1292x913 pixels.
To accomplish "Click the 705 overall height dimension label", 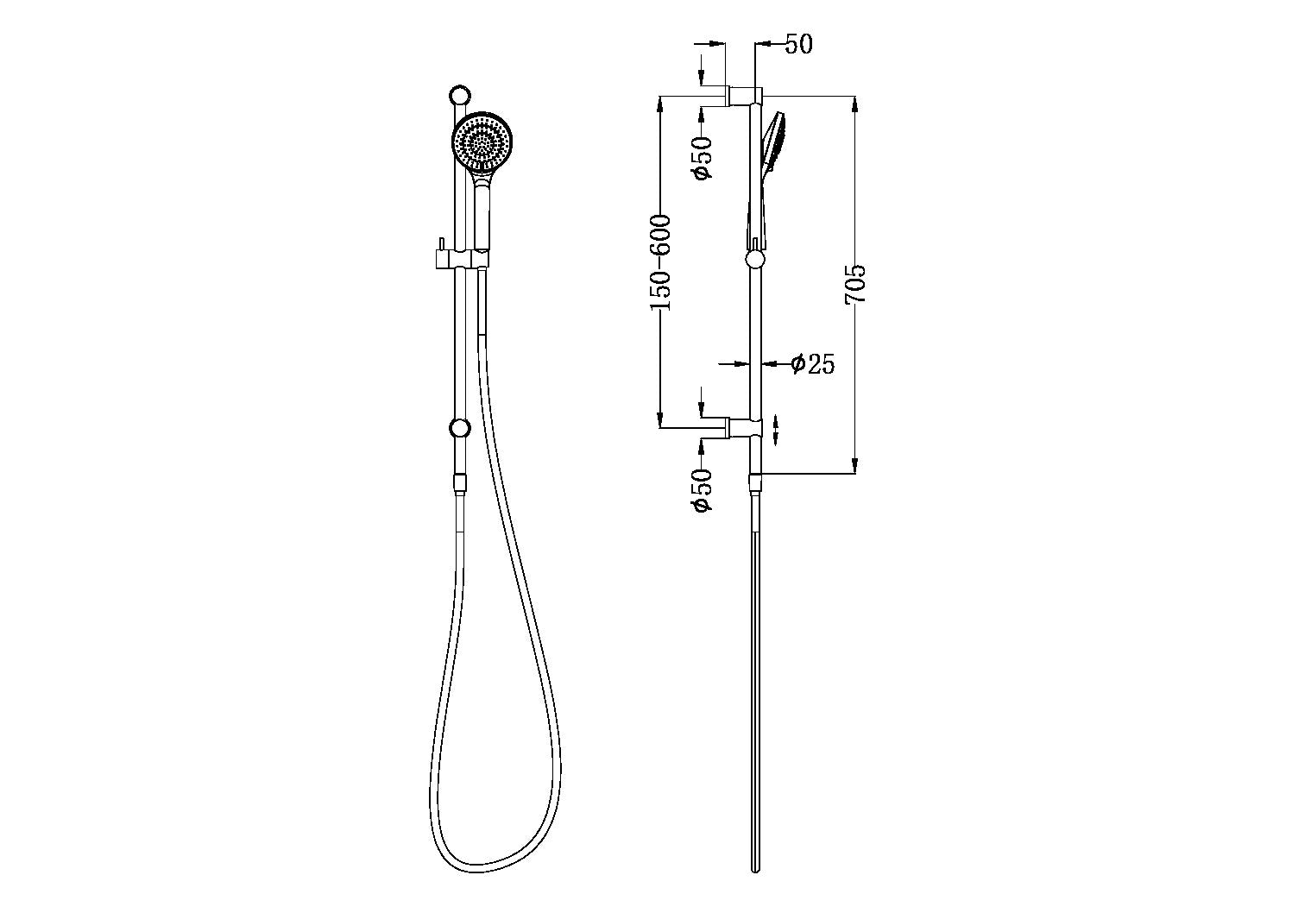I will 855,283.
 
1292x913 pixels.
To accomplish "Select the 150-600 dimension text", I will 661,262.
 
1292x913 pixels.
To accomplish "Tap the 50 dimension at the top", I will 798,44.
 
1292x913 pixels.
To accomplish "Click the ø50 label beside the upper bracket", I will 703,158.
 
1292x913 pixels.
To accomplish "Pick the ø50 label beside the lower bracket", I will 703,489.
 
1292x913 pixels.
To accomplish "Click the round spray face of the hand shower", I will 482,142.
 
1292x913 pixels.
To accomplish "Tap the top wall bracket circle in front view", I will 460,95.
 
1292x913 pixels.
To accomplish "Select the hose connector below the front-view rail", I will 460,484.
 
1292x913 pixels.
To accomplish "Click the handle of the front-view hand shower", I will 482,216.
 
